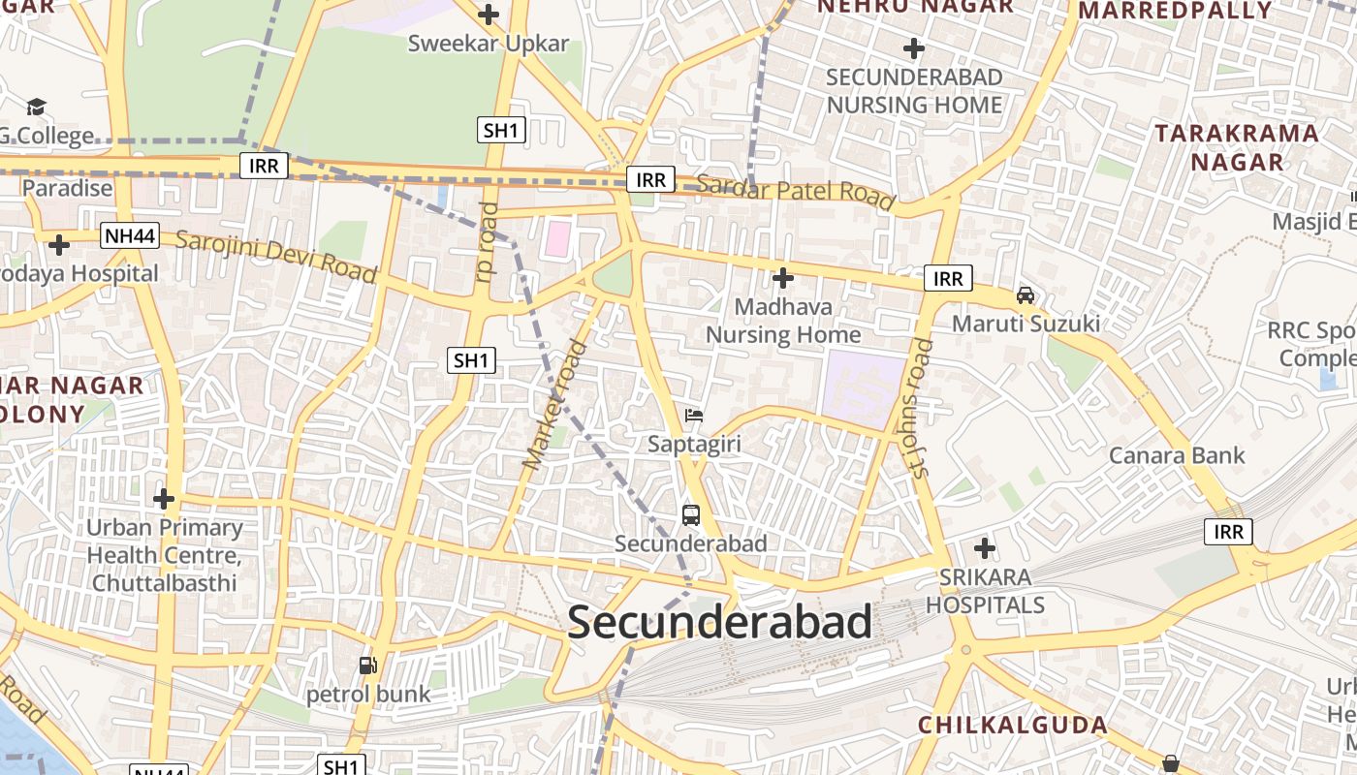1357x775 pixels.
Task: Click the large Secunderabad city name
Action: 720,622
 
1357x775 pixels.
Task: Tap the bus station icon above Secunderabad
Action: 690,515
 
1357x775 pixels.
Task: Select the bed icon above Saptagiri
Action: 694,417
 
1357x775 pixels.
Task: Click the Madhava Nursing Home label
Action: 783,321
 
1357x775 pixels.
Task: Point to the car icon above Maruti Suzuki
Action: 1026,294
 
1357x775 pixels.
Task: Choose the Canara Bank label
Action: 1177,455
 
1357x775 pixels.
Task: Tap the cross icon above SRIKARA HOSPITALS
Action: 985,549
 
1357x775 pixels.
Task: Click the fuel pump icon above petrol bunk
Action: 367,666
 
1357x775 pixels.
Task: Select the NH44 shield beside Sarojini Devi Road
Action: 130,235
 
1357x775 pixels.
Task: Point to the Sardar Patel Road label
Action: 795,191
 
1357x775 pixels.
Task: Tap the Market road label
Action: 554,406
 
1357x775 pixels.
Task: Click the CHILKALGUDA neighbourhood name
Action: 1013,725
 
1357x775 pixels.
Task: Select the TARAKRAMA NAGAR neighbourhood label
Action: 1237,147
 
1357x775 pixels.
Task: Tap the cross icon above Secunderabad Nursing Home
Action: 913,48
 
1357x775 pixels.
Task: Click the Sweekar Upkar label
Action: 489,44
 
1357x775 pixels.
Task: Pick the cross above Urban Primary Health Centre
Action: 164,499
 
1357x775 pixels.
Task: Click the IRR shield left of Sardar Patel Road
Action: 650,179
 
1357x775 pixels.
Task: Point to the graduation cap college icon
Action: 36,107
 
